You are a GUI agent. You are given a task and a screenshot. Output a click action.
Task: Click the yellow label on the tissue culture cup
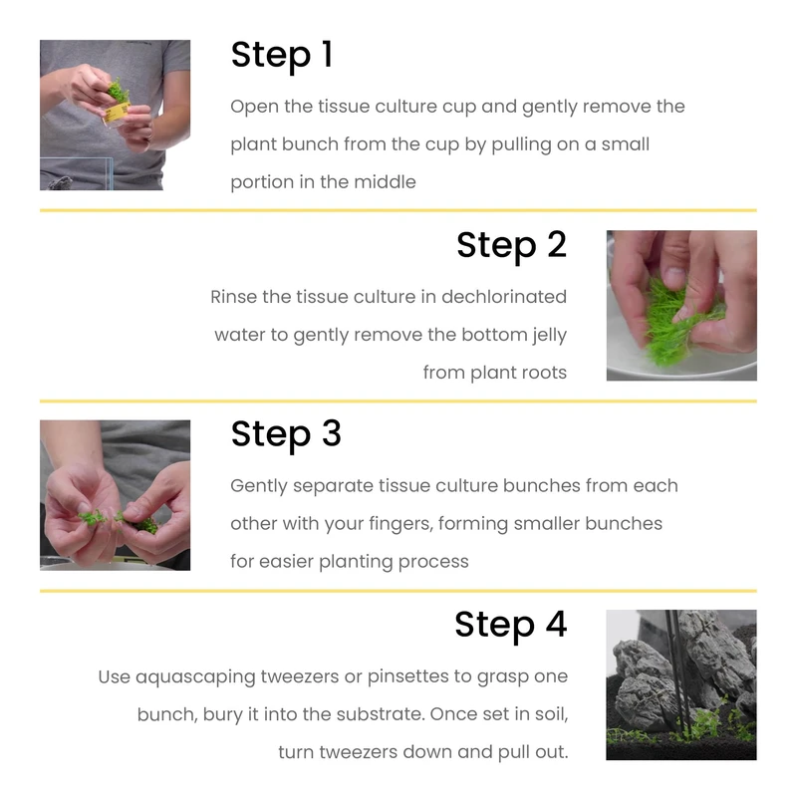[118, 112]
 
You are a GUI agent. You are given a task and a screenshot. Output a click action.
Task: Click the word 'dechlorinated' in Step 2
[504, 297]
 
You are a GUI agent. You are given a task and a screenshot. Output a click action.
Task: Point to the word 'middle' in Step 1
[385, 182]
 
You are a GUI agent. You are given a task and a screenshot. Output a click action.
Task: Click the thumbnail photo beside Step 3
[115, 495]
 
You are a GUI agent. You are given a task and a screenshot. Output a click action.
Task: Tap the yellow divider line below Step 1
[398, 210]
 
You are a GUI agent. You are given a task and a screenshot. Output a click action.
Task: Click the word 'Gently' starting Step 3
[258, 486]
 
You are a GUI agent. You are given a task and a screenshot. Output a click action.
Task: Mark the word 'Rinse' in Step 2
[233, 297]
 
